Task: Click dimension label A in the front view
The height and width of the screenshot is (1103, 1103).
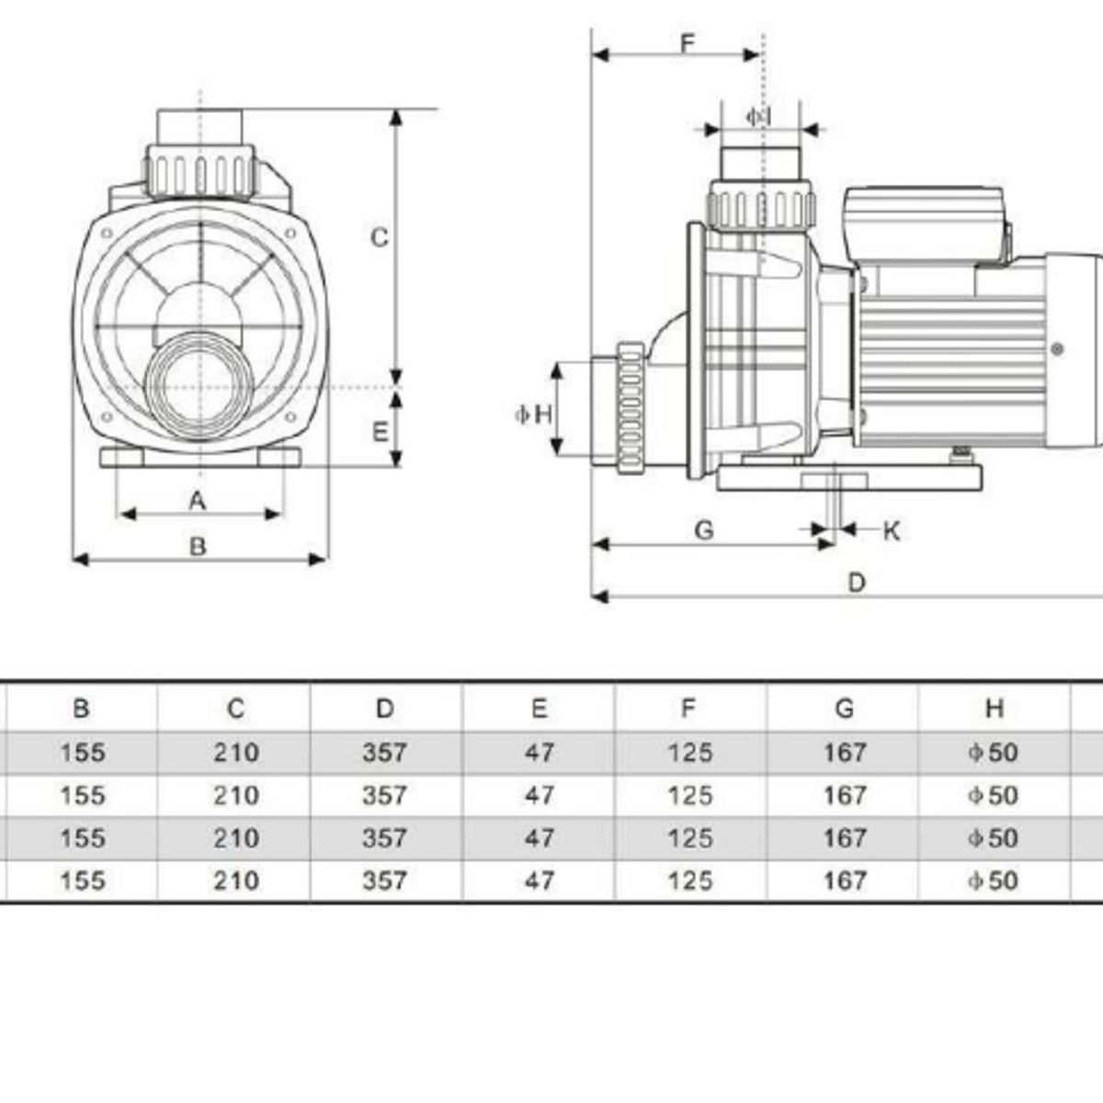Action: [x=197, y=500]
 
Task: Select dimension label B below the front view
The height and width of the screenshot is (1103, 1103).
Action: [x=198, y=546]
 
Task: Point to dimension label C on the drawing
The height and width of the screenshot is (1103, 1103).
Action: [x=379, y=237]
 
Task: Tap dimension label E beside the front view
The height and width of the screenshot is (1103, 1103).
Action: [x=380, y=431]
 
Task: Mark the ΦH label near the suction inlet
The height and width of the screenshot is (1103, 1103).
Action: [x=534, y=415]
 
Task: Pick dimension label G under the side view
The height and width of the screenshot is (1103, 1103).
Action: [x=704, y=530]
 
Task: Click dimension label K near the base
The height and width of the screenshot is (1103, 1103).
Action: [x=891, y=530]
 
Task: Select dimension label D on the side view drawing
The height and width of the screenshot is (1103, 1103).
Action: [x=856, y=583]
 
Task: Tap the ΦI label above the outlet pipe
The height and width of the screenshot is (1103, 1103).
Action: [x=757, y=117]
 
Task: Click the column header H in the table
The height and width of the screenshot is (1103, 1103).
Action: [x=994, y=708]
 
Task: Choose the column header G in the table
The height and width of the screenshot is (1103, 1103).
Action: [x=844, y=708]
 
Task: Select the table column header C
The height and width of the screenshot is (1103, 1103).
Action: [x=235, y=708]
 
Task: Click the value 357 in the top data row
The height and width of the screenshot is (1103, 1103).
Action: [x=384, y=752]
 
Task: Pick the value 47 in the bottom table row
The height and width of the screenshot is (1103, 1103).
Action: [x=539, y=881]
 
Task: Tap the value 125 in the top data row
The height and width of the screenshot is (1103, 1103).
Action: [x=689, y=752]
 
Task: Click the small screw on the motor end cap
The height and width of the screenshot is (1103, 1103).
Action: [x=1058, y=349]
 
